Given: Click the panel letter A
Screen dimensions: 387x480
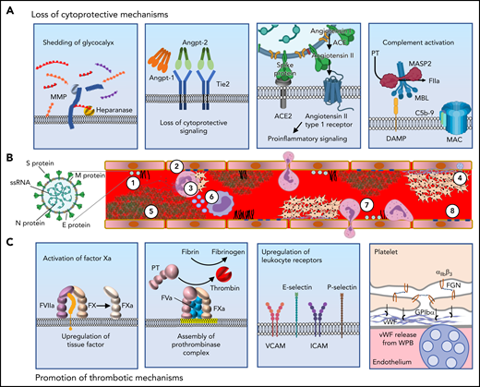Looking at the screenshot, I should [x=8, y=10].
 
